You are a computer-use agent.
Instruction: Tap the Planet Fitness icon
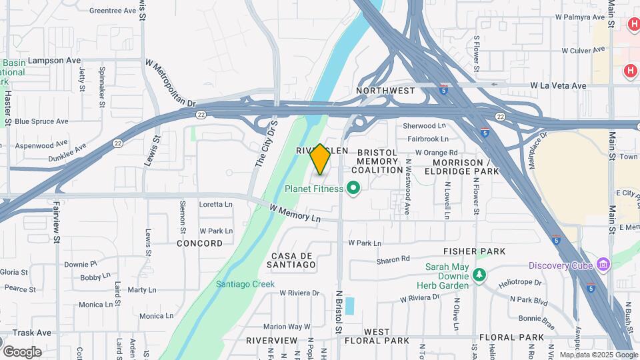click(355, 189)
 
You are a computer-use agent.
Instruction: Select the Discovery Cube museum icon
click(604, 265)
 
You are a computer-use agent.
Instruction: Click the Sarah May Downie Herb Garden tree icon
click(479, 274)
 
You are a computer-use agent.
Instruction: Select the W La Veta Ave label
click(558, 85)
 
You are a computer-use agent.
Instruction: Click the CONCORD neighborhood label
click(200, 243)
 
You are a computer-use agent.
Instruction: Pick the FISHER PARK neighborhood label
click(475, 251)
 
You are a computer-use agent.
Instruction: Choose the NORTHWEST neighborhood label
click(385, 90)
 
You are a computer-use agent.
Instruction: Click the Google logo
click(22, 351)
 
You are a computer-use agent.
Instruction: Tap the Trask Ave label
click(32, 332)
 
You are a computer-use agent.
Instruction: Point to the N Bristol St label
click(339, 311)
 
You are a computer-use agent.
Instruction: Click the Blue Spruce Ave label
click(41, 121)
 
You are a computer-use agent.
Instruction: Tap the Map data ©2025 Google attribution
click(598, 355)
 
